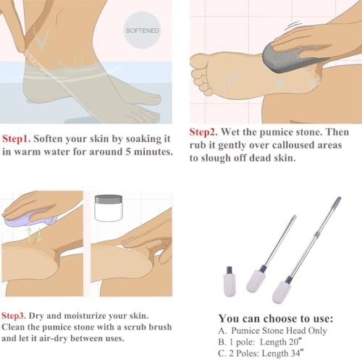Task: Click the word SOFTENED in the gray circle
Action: [x=143, y=30]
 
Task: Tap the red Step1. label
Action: [x=16, y=139]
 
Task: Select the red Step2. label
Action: [x=203, y=132]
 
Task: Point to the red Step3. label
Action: [x=14, y=316]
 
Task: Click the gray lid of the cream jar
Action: [x=109, y=199]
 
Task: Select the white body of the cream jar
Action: [x=109, y=212]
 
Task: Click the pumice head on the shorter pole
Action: [x=256, y=280]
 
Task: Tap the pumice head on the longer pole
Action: [x=282, y=291]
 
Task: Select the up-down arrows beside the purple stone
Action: [x=35, y=234]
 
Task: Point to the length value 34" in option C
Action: [x=297, y=353]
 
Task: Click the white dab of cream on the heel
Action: [x=124, y=247]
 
